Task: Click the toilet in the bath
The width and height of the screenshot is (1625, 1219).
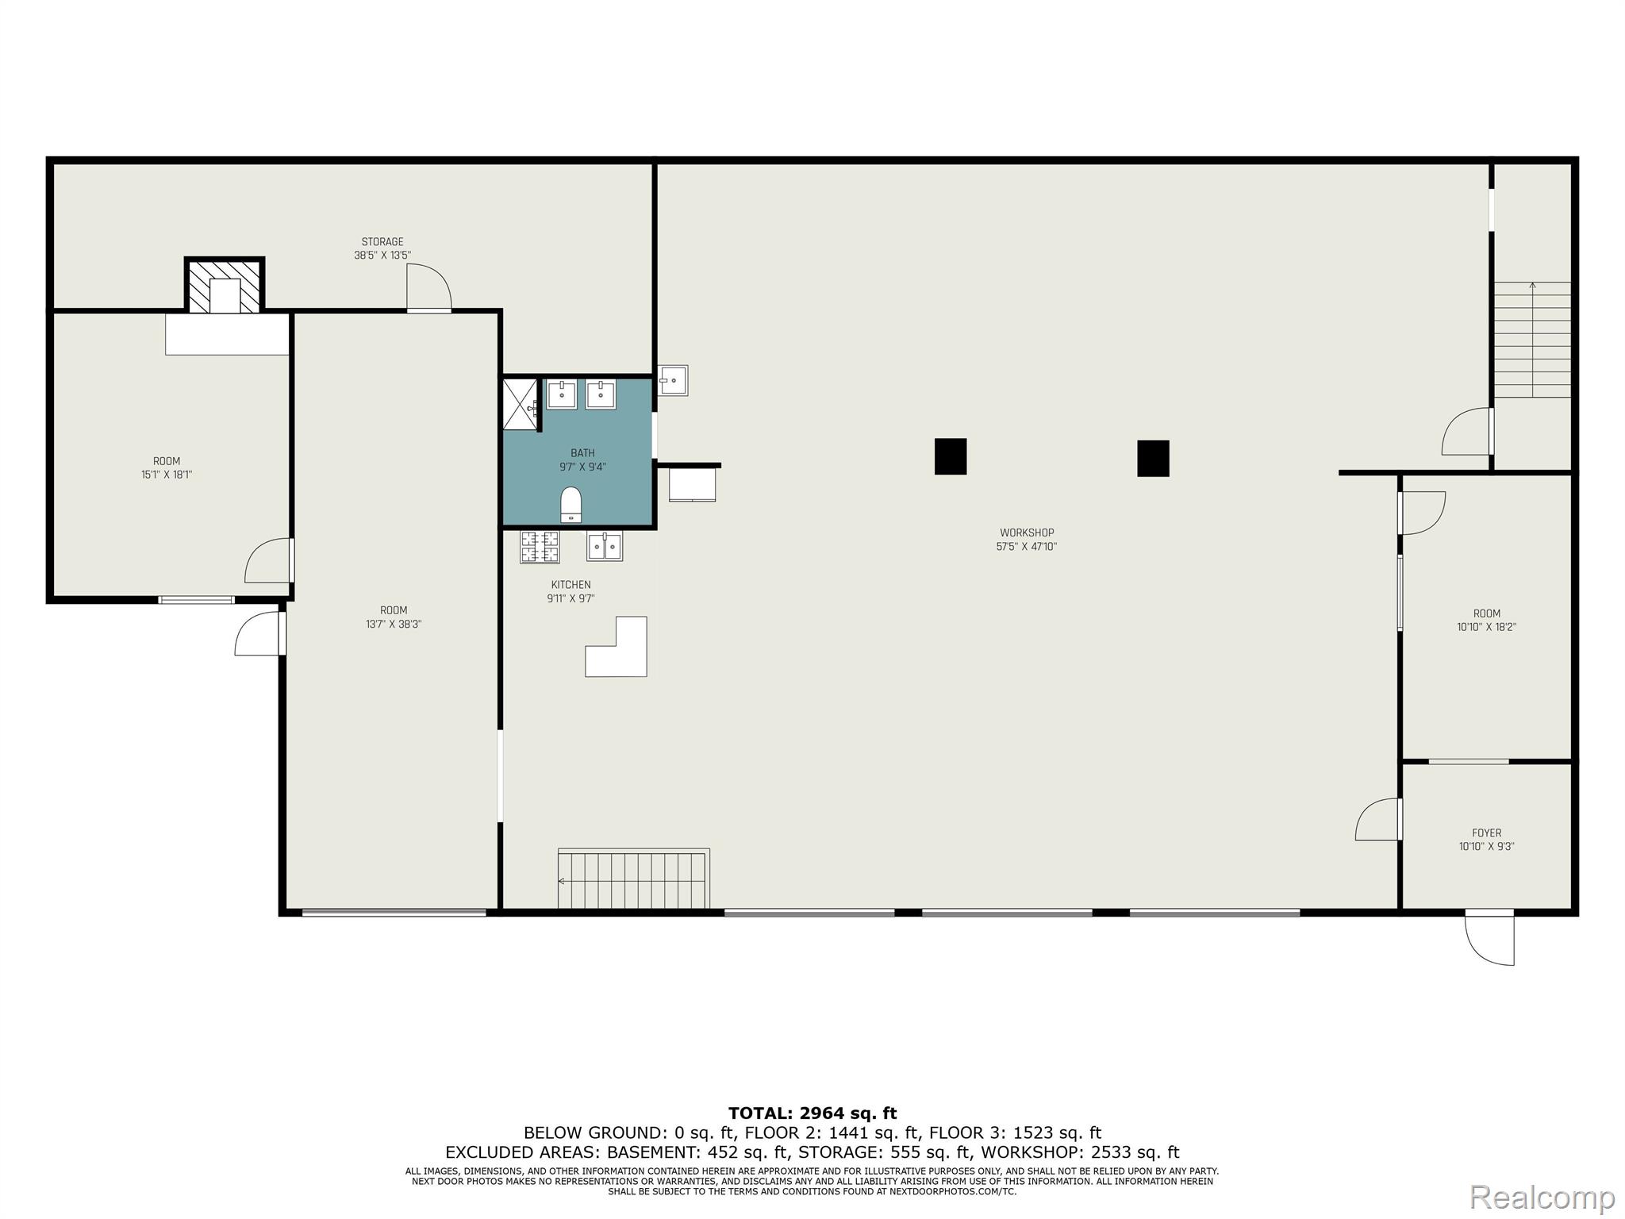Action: point(571,505)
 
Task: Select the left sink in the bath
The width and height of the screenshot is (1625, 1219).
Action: point(562,394)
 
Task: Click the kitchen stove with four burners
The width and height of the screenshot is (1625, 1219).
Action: point(540,546)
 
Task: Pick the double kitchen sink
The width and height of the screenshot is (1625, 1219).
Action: point(605,546)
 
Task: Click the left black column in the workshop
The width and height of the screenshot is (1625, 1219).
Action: point(951,456)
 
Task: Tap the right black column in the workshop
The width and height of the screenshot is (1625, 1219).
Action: point(1153,458)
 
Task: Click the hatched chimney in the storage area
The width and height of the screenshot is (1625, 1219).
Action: point(225,285)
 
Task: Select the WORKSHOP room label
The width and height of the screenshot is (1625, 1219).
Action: point(1027,533)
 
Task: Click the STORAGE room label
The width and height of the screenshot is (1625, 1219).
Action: point(382,242)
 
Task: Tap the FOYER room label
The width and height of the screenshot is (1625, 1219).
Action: point(1487,833)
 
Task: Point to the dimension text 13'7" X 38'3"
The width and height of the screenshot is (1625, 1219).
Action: point(394,624)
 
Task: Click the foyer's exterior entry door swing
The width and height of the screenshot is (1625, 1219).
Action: point(1489,939)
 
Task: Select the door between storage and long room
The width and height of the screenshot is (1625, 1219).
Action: point(429,287)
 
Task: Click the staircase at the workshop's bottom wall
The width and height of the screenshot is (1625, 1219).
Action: point(633,879)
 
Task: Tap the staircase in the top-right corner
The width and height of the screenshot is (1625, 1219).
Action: point(1532,340)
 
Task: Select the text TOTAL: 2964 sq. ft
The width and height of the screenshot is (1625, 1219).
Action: point(812,1113)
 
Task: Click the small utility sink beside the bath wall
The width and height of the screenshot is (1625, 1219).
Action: point(673,380)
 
